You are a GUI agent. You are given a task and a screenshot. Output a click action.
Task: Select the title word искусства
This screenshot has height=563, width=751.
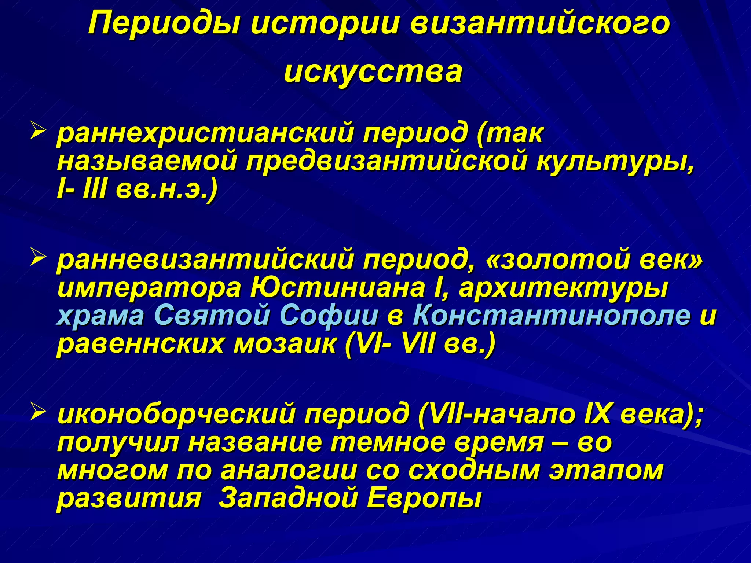[373, 71]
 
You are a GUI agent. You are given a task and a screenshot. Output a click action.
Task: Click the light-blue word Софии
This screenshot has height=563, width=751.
[329, 316]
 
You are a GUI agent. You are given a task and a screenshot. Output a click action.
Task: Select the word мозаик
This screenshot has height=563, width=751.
[285, 345]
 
